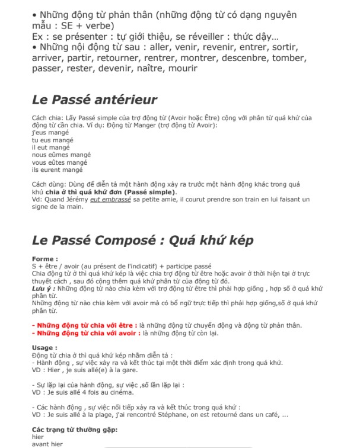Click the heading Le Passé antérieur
coord(94,100)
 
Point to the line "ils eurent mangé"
coord(58,169)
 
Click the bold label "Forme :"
coord(45,258)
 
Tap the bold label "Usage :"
coord(45,348)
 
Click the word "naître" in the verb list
coord(154,69)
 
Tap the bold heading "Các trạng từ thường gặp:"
coord(74,429)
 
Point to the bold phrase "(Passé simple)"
coord(148,193)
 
